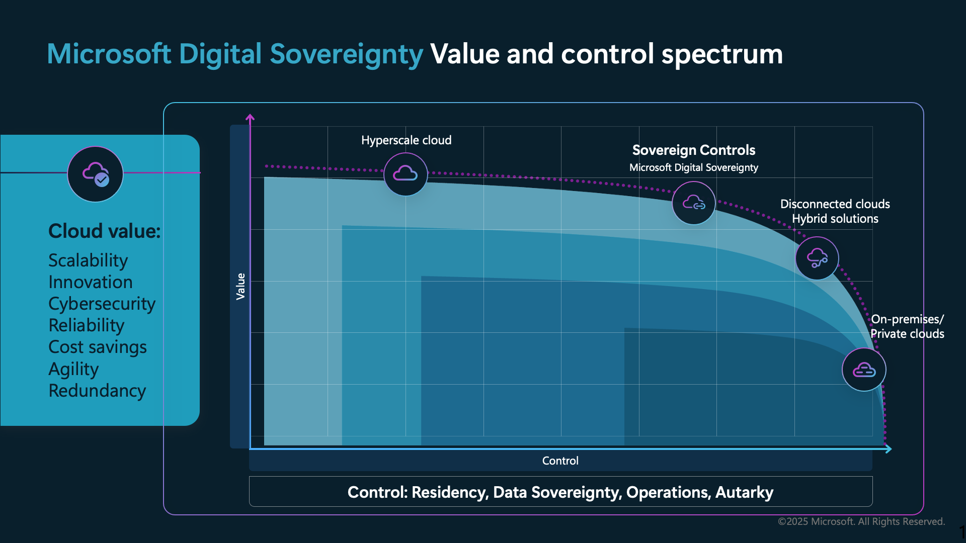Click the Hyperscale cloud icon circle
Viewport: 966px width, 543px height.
(406, 174)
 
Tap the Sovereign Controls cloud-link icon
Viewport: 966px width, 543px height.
(694, 203)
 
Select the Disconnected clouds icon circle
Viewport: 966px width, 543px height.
(817, 258)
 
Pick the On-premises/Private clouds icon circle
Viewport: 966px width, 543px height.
(864, 370)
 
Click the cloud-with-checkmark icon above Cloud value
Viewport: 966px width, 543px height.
(95, 174)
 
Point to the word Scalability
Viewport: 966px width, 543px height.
(88, 260)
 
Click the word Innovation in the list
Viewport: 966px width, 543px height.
(91, 282)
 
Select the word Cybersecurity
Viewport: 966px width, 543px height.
(102, 304)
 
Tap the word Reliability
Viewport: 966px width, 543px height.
(87, 325)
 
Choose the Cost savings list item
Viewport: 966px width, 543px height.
(98, 347)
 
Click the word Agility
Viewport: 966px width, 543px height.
(73, 369)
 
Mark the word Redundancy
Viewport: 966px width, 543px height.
(97, 391)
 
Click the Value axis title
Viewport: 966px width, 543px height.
(240, 287)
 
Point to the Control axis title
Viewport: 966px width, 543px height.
(560, 461)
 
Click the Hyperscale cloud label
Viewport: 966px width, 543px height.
(407, 140)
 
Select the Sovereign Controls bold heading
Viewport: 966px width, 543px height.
(694, 150)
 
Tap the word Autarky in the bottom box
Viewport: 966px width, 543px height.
(744, 492)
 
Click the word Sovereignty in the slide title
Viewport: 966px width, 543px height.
(346, 54)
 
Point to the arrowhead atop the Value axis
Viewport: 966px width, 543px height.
(250, 118)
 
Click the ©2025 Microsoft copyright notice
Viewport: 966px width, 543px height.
(861, 521)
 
